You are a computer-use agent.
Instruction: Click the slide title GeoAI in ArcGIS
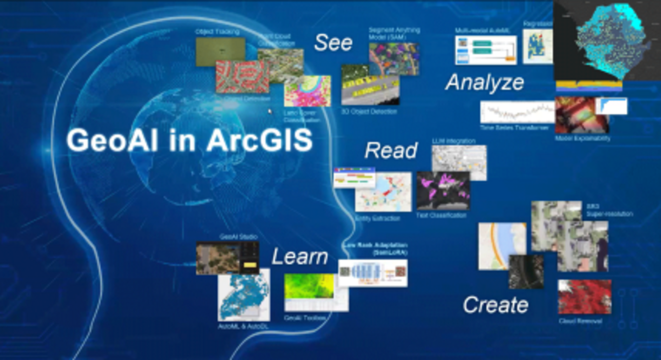(189, 140)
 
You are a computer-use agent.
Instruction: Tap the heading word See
(333, 43)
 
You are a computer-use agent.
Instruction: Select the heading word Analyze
(485, 82)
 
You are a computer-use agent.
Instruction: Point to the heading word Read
(391, 150)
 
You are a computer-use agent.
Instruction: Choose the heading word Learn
(300, 257)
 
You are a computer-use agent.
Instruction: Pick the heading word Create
(495, 305)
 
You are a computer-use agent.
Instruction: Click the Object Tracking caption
(217, 32)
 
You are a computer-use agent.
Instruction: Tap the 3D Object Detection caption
(369, 112)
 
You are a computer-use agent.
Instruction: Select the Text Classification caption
(441, 215)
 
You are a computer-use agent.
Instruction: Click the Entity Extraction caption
(377, 218)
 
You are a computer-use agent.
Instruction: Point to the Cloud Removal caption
(580, 321)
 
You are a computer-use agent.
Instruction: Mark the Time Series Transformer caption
(514, 128)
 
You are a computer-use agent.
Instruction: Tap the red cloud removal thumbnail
(585, 297)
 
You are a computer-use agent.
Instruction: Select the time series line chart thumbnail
(517, 112)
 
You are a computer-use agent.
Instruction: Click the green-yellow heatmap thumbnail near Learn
(309, 286)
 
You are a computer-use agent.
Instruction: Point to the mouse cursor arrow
(270, 111)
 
